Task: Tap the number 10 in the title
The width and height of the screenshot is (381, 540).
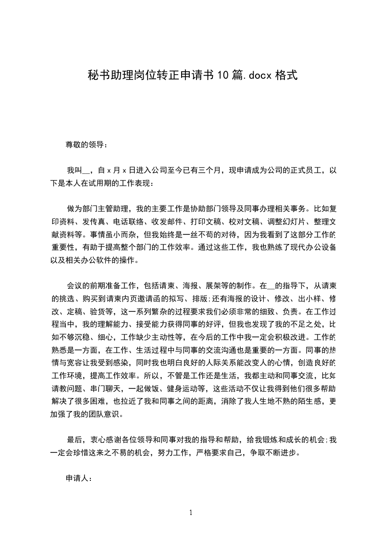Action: point(222,75)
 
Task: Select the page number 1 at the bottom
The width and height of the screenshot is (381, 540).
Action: point(191,513)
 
